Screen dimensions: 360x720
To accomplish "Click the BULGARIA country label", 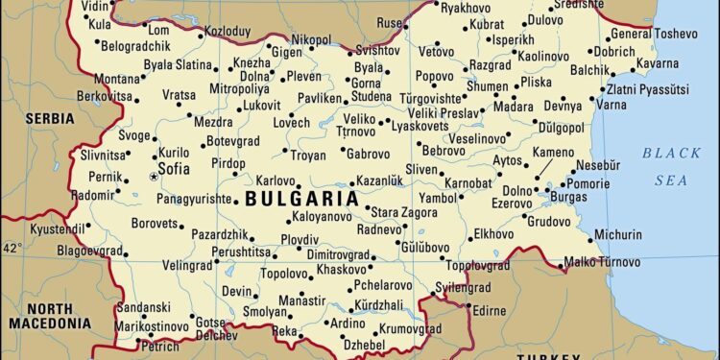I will (x=302, y=200).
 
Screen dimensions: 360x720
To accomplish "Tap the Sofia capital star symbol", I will (x=153, y=177).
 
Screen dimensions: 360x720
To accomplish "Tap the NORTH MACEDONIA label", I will (x=49, y=316).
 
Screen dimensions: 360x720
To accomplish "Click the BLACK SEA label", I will (x=671, y=166).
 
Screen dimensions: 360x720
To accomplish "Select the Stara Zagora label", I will (x=403, y=211).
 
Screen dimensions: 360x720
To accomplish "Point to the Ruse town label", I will (x=389, y=23).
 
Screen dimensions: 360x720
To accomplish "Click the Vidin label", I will (x=95, y=7).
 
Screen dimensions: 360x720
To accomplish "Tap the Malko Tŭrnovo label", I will (x=602, y=261).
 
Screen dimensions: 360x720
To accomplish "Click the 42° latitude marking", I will (x=12, y=248).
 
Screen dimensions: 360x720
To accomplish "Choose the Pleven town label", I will (x=304, y=76).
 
